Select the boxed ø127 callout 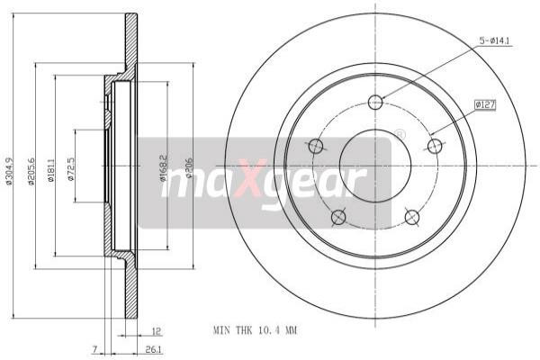click(x=486, y=105)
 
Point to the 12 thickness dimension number click(x=156, y=331)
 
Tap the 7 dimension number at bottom click(x=93, y=349)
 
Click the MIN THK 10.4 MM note click(x=255, y=331)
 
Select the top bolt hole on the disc click(x=375, y=102)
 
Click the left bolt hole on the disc click(x=316, y=146)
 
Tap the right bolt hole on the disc click(x=435, y=146)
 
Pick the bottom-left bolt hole click(x=338, y=217)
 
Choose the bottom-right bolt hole click(x=412, y=217)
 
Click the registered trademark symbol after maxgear click(x=400, y=134)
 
